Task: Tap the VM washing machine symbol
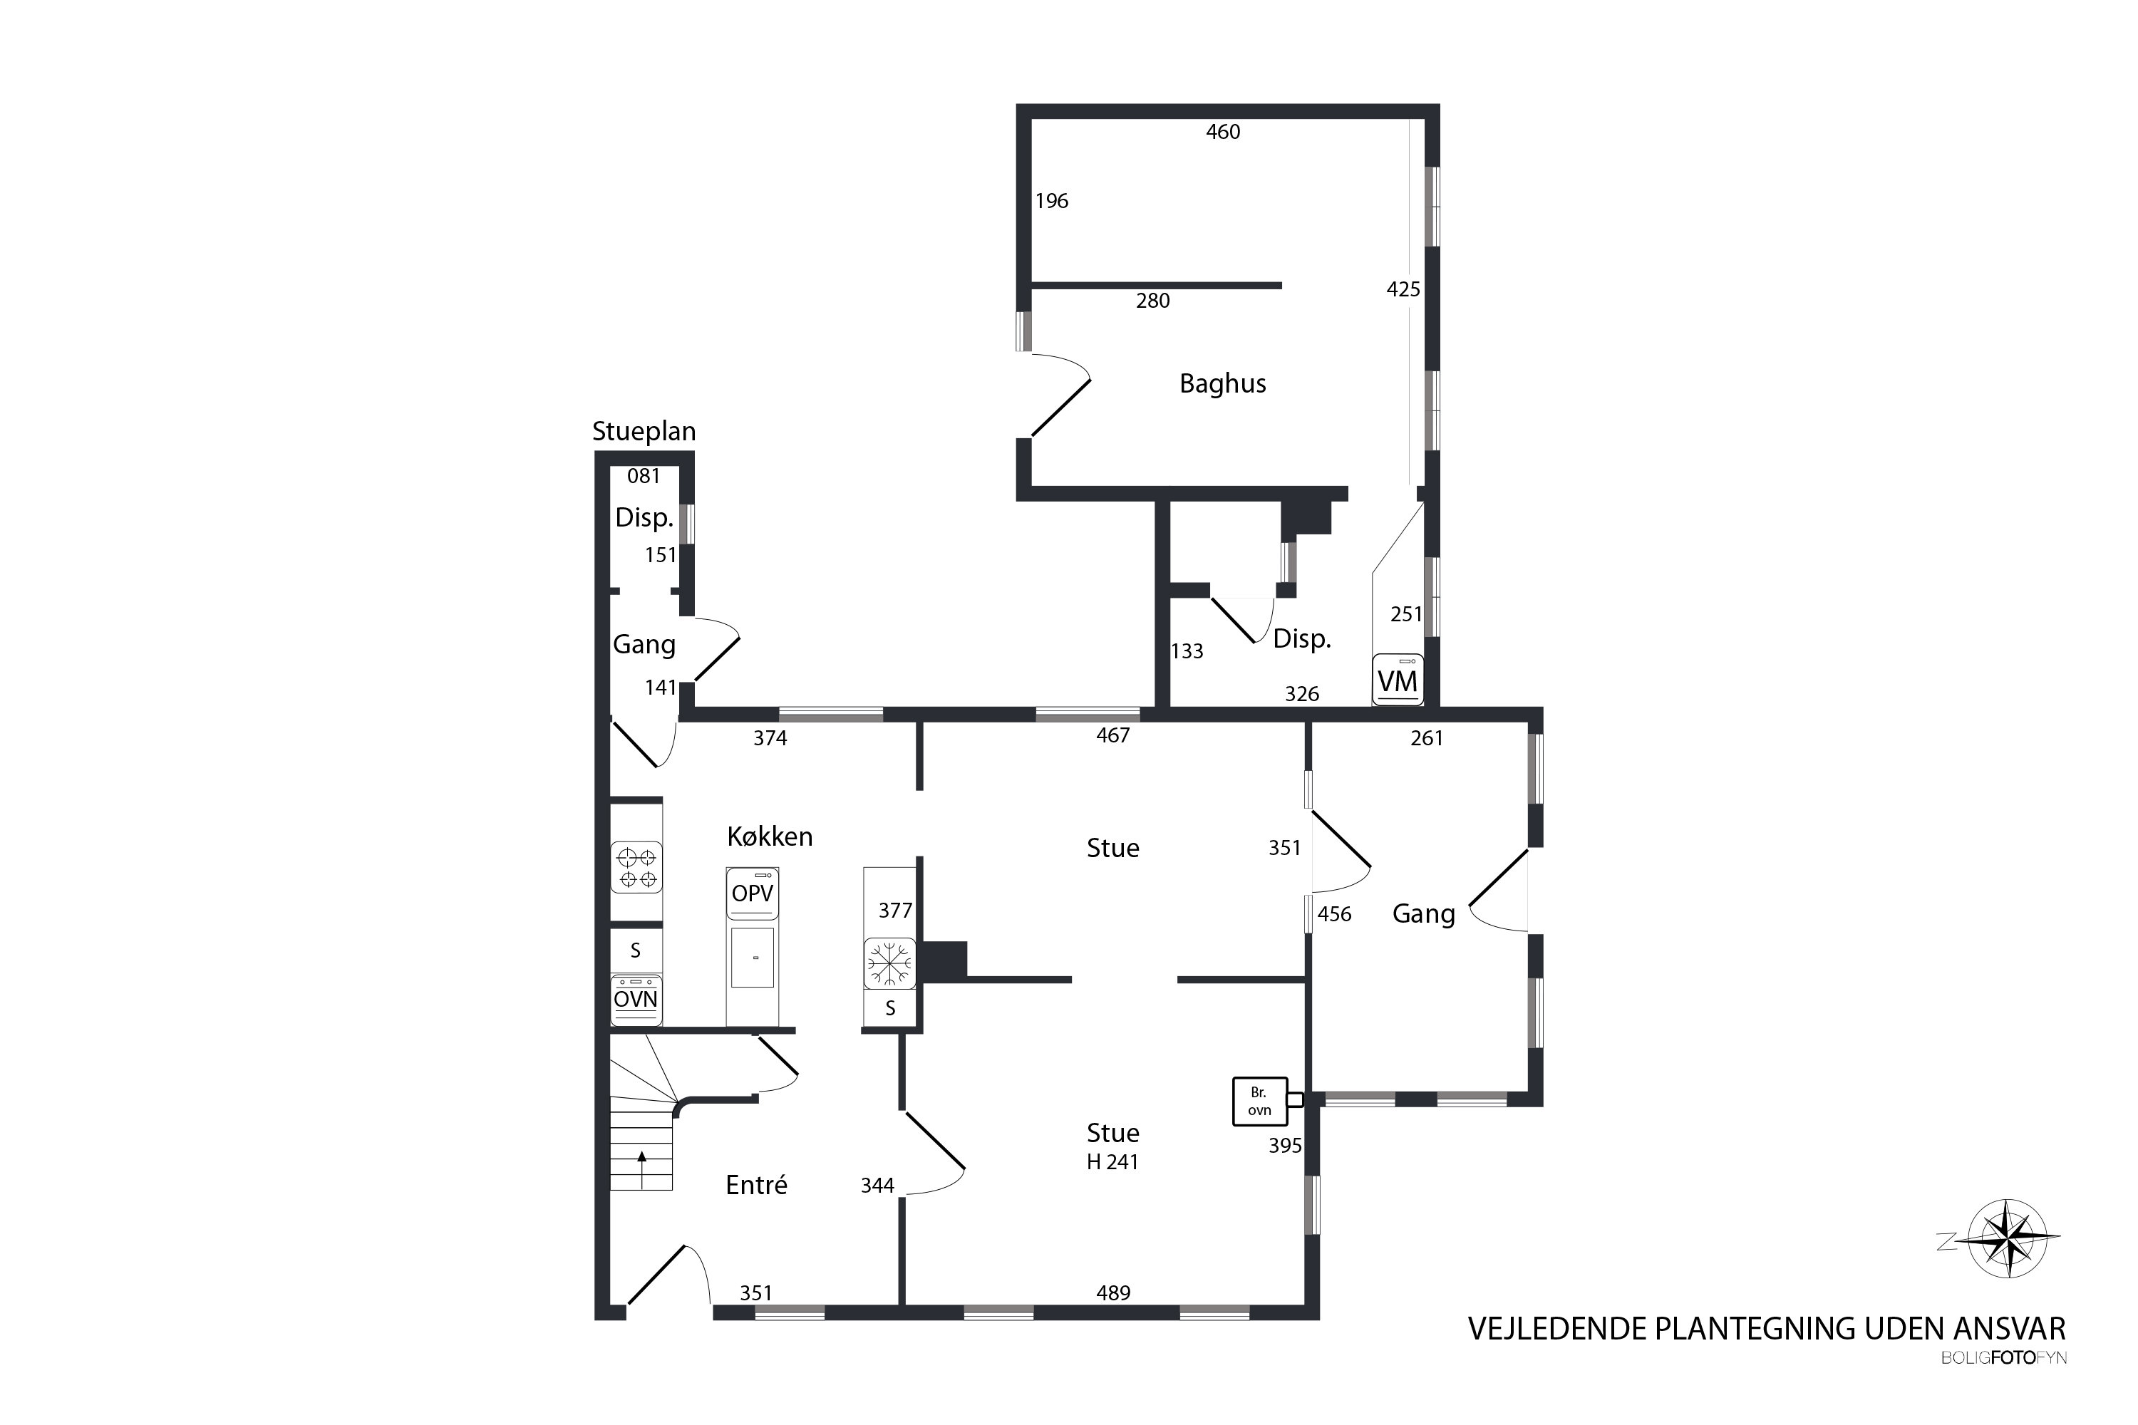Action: click(x=1397, y=680)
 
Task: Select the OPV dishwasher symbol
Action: click(x=753, y=893)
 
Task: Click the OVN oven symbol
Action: click(x=636, y=1000)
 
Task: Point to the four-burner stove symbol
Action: click(x=636, y=868)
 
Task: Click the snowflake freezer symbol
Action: click(x=889, y=963)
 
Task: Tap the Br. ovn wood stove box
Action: click(x=1260, y=1102)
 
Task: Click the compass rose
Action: click(x=2009, y=1239)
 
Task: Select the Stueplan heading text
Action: click(x=644, y=432)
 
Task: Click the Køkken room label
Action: click(x=769, y=836)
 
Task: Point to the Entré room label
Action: click(x=756, y=1184)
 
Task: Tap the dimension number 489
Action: click(x=1112, y=1292)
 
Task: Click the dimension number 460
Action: click(x=1223, y=132)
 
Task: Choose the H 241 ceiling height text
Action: click(x=1112, y=1161)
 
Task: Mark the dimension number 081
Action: click(x=643, y=475)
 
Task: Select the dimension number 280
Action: click(x=1152, y=301)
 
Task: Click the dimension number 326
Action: click(x=1302, y=694)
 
